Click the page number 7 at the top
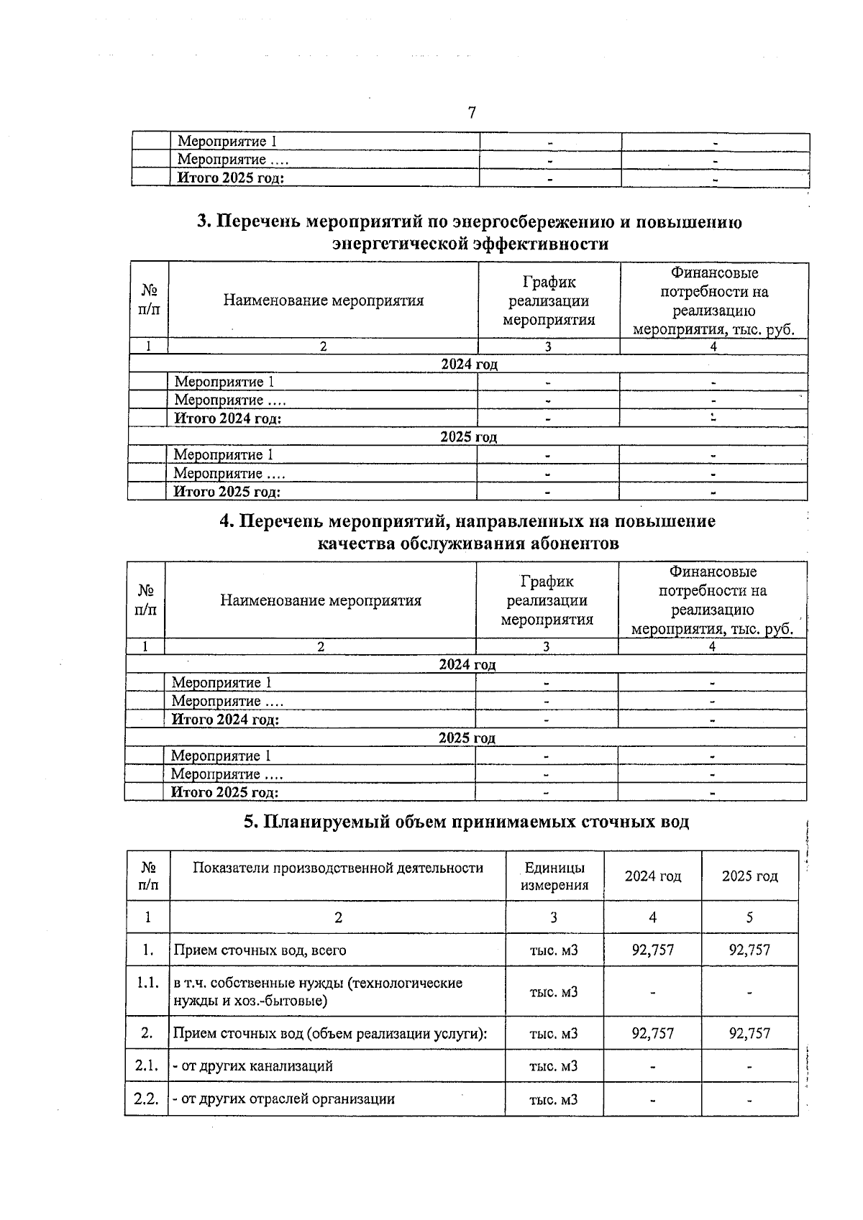click(472, 113)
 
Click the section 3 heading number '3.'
click(204, 222)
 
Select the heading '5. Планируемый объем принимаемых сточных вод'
click(466, 822)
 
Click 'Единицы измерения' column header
click(554, 876)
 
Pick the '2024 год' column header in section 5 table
click(652, 876)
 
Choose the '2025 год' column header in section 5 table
click(749, 876)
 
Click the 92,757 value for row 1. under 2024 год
click(652, 950)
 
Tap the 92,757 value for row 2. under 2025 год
click(749, 1033)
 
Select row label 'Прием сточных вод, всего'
click(260, 950)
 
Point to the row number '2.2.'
click(147, 1099)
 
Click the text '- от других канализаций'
click(252, 1066)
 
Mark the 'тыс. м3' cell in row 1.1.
click(554, 991)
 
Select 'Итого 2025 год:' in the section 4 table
click(224, 792)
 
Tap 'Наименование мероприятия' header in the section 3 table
click(323, 301)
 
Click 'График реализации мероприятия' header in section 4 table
click(547, 600)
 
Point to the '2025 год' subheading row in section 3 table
click(468, 437)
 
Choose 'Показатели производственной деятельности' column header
click(338, 868)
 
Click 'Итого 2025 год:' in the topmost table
click(231, 178)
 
